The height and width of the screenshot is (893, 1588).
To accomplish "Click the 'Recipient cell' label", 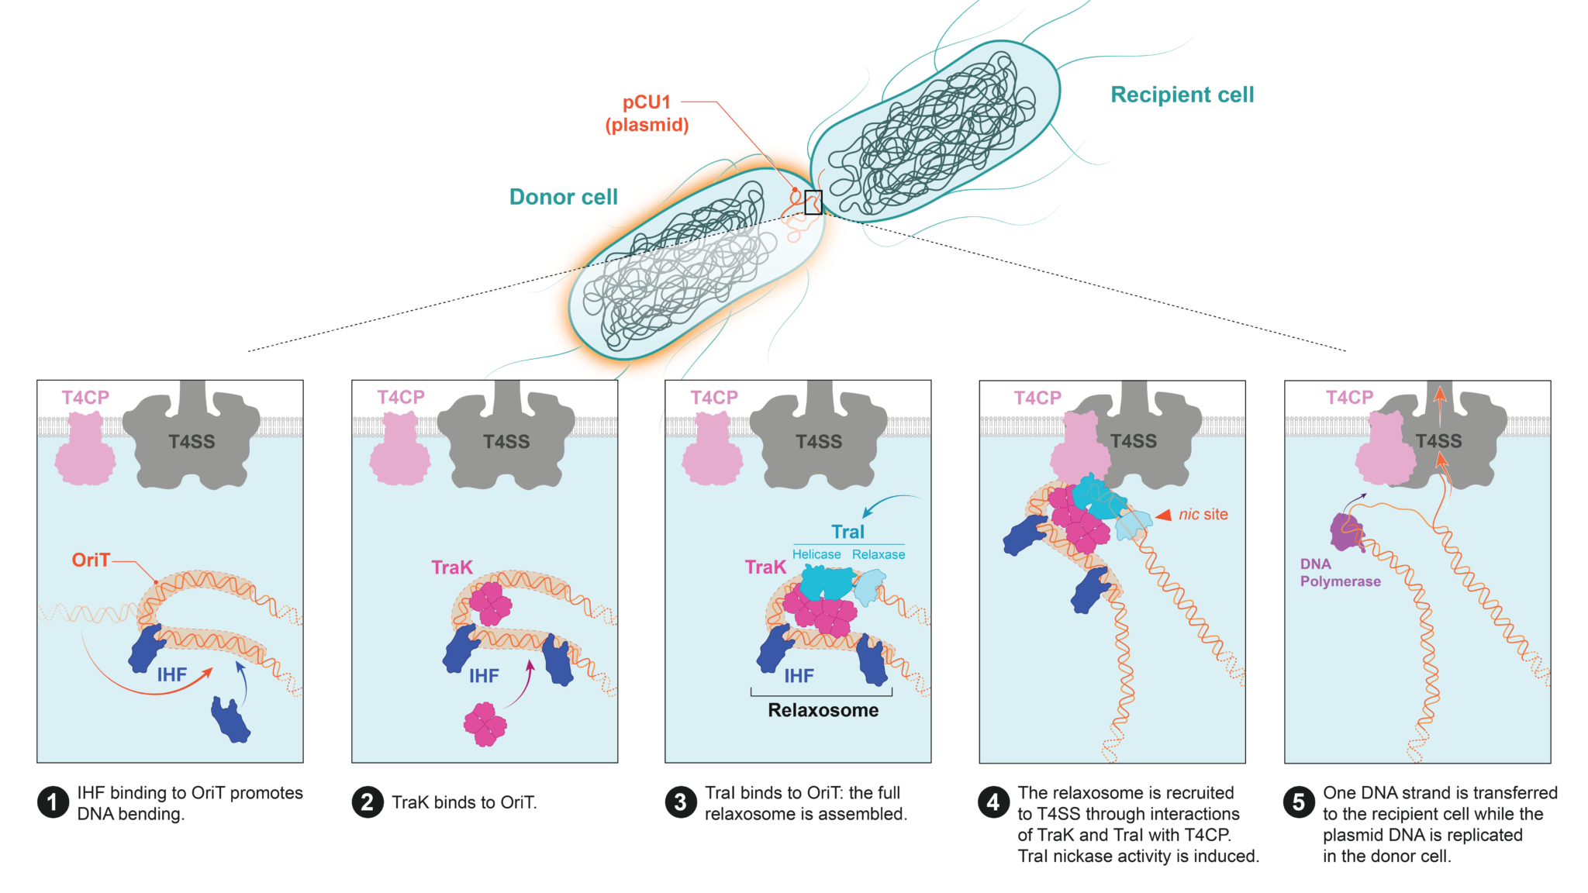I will pyautogui.click(x=1182, y=95).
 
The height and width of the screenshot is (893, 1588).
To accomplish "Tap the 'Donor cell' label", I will pyautogui.click(x=563, y=197).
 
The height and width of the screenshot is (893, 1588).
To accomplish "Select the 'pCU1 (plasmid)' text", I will pyautogui.click(x=647, y=113).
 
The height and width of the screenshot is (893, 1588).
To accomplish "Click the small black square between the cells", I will pyautogui.click(x=813, y=202).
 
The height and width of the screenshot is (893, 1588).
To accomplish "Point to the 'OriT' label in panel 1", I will pyautogui.click(x=91, y=560).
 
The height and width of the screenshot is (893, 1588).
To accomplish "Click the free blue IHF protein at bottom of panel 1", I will pyautogui.click(x=230, y=719).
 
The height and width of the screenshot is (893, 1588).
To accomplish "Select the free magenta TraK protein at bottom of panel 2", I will pyautogui.click(x=485, y=724).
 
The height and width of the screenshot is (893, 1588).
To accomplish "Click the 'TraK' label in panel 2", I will pyautogui.click(x=451, y=567).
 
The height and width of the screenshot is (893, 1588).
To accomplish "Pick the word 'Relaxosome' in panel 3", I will pyautogui.click(x=823, y=710).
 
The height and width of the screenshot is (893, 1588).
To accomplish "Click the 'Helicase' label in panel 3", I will pyautogui.click(x=816, y=554).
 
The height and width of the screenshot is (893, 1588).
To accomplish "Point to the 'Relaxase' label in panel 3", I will pyautogui.click(x=879, y=554).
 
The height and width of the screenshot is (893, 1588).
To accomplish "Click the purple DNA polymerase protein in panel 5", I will pyautogui.click(x=1347, y=532).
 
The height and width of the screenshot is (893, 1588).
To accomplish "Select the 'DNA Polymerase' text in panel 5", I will pyautogui.click(x=1340, y=573).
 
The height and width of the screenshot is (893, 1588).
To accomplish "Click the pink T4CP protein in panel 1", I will pyautogui.click(x=85, y=450).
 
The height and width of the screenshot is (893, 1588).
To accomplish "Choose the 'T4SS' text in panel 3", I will pyautogui.click(x=819, y=442).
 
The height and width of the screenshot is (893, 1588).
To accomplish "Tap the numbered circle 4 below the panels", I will pyautogui.click(x=993, y=802).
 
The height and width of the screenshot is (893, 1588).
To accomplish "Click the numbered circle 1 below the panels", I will pyautogui.click(x=53, y=802).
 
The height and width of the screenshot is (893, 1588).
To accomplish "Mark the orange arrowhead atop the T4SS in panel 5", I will pyautogui.click(x=1440, y=392).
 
